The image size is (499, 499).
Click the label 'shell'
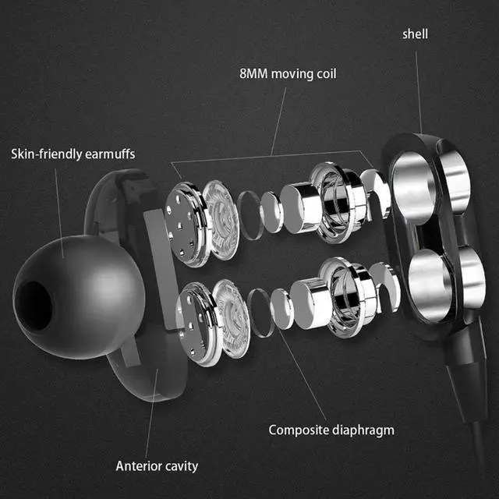click(415, 34)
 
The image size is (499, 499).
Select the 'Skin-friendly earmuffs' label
click(73, 154)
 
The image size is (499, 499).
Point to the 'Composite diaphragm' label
click(331, 430)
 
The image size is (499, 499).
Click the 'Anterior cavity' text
click(157, 466)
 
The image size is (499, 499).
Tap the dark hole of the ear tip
click(31, 301)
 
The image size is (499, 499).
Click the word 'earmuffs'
click(110, 154)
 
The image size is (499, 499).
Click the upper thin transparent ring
click(249, 211)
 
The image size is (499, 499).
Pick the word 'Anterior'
click(139, 466)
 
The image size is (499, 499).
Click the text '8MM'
click(253, 76)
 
